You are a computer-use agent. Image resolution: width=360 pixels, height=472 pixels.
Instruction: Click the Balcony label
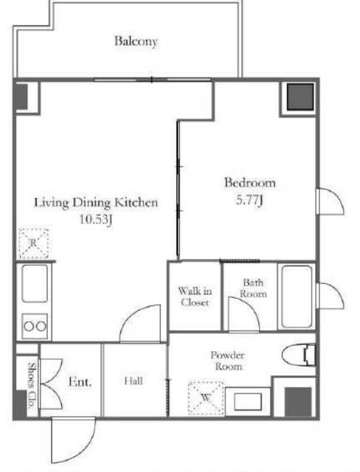(136, 41)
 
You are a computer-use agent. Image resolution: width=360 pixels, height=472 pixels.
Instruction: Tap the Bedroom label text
(250, 183)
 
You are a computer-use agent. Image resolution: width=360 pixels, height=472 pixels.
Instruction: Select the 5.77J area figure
(249, 200)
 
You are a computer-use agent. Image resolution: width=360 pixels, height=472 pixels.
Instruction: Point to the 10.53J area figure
(96, 219)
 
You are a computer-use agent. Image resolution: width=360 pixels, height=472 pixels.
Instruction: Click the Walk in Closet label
(195, 296)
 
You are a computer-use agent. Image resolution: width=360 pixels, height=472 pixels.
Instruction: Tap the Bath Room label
(253, 288)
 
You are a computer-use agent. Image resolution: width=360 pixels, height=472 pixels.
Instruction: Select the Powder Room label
(227, 361)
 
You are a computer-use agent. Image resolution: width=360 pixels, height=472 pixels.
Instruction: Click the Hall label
(134, 381)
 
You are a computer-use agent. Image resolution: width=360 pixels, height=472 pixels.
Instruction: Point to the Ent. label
(80, 382)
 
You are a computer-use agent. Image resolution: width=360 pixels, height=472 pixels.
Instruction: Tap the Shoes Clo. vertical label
(32, 385)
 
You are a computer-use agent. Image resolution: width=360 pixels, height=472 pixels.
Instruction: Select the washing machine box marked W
(206, 398)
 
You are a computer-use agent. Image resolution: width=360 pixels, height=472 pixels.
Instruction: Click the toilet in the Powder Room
(299, 354)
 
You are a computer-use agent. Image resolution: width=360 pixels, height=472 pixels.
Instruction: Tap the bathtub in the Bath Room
(297, 296)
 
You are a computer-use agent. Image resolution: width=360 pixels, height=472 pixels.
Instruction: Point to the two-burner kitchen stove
(35, 326)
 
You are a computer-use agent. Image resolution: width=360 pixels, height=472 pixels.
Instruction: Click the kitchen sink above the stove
(35, 283)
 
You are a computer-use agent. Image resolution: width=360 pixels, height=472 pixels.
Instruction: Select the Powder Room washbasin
(248, 401)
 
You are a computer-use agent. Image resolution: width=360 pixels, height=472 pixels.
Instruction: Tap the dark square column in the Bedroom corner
(300, 97)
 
